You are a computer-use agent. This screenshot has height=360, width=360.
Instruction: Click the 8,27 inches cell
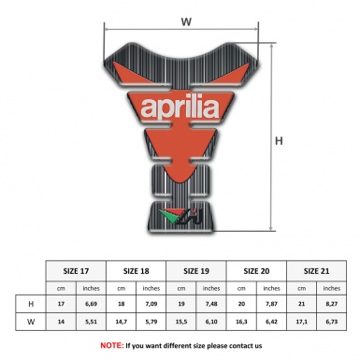[x=331, y=304]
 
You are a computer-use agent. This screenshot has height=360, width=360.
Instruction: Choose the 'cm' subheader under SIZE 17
[x=63, y=287]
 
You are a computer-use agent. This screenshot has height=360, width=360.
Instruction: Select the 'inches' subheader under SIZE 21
[x=331, y=287]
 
